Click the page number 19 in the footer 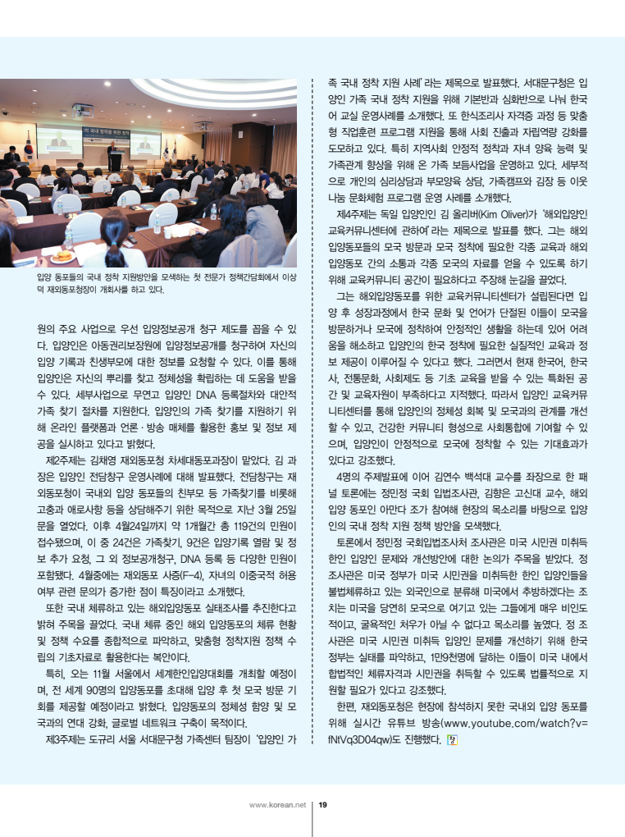point(322,804)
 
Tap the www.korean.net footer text point(277,804)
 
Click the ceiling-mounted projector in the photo point(83,109)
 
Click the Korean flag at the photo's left point(26,147)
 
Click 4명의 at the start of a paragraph point(351,477)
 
